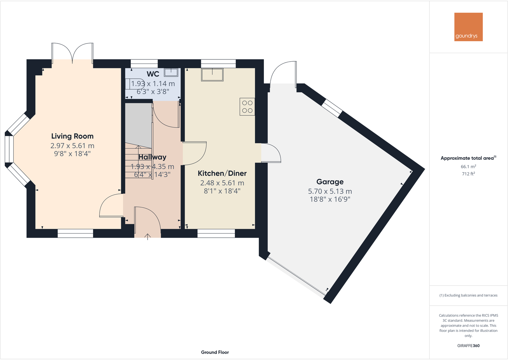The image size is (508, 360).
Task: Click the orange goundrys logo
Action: (x=468, y=27)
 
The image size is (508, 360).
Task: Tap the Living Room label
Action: (x=73, y=136)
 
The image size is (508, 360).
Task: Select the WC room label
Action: (x=153, y=74)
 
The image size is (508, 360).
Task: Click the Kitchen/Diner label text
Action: (x=222, y=173)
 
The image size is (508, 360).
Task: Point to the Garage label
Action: (x=330, y=182)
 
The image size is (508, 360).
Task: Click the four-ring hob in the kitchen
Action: (x=247, y=107)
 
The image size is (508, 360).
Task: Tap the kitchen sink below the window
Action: (x=212, y=74)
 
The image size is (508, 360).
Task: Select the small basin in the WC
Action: (x=171, y=72)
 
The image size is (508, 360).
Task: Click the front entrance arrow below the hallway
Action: (x=148, y=237)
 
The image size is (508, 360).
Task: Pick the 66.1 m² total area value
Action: (x=468, y=167)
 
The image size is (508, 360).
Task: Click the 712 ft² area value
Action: (x=468, y=174)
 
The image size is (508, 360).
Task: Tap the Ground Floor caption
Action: (x=215, y=352)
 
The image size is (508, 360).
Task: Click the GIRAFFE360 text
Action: (x=468, y=346)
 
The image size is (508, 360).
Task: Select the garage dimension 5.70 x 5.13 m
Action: (x=330, y=191)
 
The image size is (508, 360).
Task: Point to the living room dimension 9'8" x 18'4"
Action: (x=73, y=154)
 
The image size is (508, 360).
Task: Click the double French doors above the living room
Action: (x=73, y=53)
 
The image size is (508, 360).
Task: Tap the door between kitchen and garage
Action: (x=271, y=153)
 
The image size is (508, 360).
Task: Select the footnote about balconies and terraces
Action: (x=468, y=295)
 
